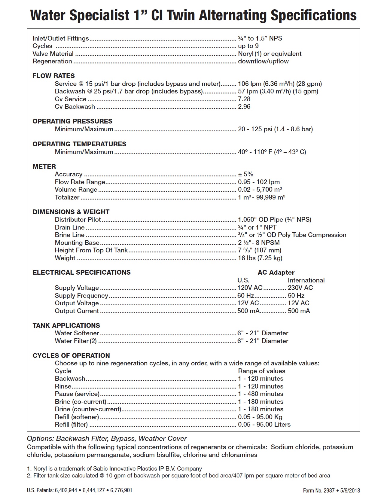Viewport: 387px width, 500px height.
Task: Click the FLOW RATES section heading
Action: pos(53,76)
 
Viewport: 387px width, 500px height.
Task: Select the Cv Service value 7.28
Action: pos(244,99)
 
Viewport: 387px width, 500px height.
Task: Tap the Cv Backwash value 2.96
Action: pos(244,107)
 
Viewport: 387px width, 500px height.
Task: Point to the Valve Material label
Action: pos(53,54)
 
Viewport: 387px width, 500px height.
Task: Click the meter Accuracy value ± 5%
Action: pos(245,174)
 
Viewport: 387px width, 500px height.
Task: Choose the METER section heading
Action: pos(44,166)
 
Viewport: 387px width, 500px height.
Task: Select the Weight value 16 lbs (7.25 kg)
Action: pos(260,258)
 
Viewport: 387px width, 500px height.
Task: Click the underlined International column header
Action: pos(306,280)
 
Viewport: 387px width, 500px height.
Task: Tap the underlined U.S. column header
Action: pos(243,280)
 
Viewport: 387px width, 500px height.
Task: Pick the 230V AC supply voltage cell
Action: pos(300,288)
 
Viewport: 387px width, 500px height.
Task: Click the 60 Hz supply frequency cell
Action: pos(245,296)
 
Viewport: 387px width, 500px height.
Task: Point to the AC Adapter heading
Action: pos(276,273)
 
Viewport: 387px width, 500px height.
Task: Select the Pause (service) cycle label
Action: pos(77,394)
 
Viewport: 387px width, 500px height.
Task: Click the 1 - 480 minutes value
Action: pos(261,394)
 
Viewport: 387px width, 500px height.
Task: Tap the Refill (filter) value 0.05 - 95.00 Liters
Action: pos(264,425)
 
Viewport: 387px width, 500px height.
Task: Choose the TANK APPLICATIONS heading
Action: pos(66,326)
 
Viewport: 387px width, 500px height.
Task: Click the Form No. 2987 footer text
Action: pos(319,490)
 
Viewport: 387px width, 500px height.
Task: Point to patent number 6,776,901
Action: pos(121,490)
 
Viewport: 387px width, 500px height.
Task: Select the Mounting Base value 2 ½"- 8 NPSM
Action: pos(259,243)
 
